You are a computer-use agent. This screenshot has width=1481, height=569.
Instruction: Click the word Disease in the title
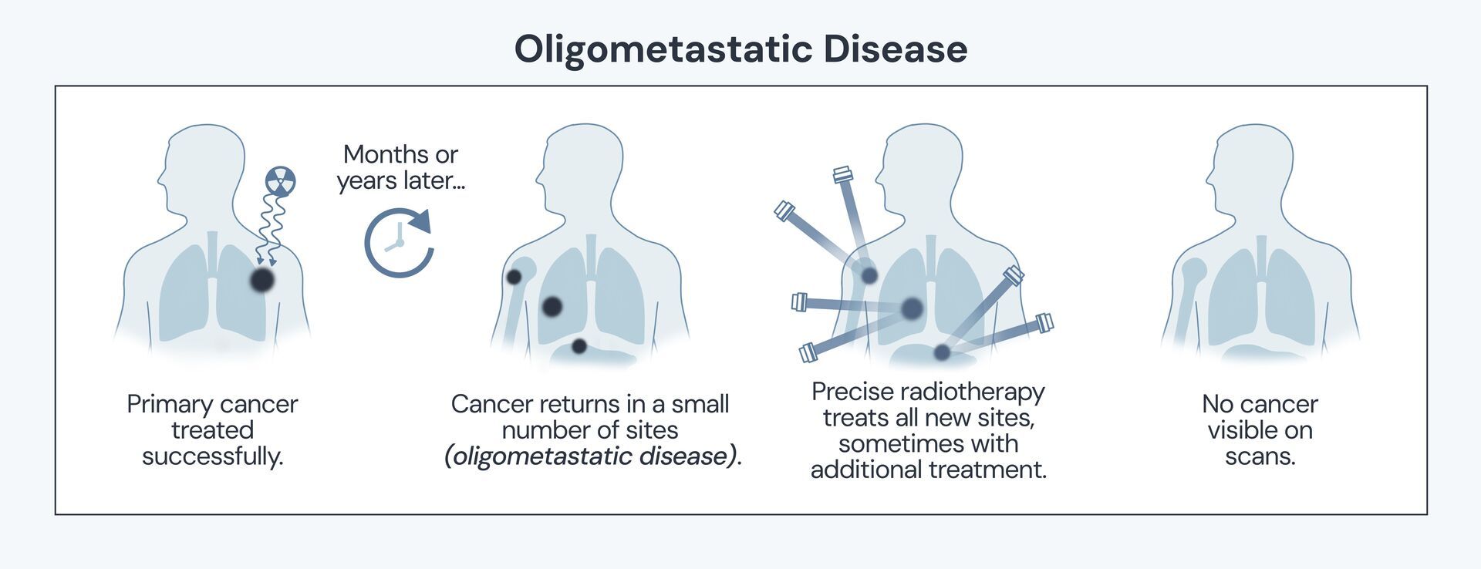[894, 49]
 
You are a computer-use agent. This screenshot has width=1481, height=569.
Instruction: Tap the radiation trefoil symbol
[280, 181]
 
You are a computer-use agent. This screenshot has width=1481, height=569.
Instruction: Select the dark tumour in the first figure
[262, 279]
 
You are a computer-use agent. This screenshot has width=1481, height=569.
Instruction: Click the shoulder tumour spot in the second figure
[514, 277]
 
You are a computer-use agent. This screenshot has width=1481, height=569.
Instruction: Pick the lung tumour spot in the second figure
[552, 307]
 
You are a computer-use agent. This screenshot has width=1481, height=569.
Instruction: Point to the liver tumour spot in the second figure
[579, 346]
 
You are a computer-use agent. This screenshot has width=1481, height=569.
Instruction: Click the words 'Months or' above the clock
[400, 154]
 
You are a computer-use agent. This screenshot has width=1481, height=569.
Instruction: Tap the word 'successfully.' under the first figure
[213, 456]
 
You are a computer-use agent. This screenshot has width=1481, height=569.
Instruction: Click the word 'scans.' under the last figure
[1260, 456]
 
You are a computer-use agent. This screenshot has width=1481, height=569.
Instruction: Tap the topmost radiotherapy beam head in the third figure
[842, 174]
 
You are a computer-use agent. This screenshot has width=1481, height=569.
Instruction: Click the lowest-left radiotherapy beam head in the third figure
[808, 353]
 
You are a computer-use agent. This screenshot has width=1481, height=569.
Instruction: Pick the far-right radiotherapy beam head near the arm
[1044, 322]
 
